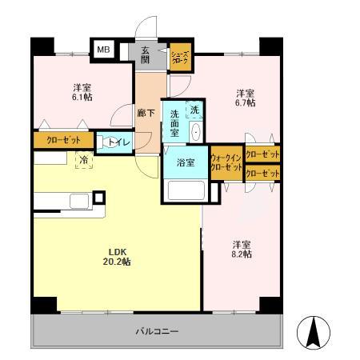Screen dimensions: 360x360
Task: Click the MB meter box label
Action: point(103,50)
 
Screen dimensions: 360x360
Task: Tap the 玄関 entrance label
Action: point(146,54)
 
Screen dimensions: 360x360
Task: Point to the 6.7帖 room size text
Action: point(245,103)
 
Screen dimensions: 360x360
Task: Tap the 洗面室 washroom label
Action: point(174,121)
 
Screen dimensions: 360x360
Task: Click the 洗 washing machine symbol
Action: point(193,108)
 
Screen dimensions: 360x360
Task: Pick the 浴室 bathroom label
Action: point(186,162)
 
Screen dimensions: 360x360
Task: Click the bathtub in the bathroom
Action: point(186,191)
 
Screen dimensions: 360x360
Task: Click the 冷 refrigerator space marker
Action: point(83,160)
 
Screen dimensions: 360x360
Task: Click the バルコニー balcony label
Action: point(156,330)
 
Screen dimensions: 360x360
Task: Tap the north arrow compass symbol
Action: point(313,332)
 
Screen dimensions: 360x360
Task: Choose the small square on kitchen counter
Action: point(99,197)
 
